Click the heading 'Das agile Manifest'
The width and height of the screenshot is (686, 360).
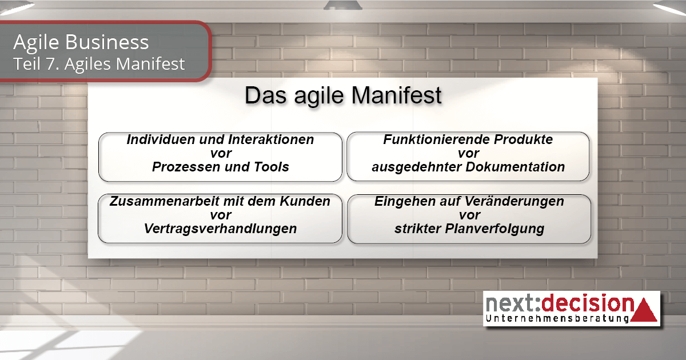(x=343, y=96)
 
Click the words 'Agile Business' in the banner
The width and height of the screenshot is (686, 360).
(x=81, y=42)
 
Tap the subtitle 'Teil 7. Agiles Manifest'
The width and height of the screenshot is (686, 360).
(x=99, y=63)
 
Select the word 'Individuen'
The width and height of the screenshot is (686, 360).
(x=161, y=139)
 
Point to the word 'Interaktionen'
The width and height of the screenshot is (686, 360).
(x=271, y=139)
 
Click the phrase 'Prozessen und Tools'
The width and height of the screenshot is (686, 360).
(x=221, y=167)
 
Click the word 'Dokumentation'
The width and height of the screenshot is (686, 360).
(x=515, y=167)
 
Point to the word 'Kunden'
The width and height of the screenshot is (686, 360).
(x=305, y=201)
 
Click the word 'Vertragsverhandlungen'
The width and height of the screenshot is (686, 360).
(x=221, y=229)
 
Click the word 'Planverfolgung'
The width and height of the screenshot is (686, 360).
(x=494, y=229)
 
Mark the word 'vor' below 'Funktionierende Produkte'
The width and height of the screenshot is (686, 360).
(x=469, y=153)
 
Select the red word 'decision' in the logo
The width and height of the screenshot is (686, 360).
(x=588, y=303)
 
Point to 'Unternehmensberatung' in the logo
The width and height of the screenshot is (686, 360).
(x=557, y=318)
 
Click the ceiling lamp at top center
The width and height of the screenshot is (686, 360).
(x=343, y=5)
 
